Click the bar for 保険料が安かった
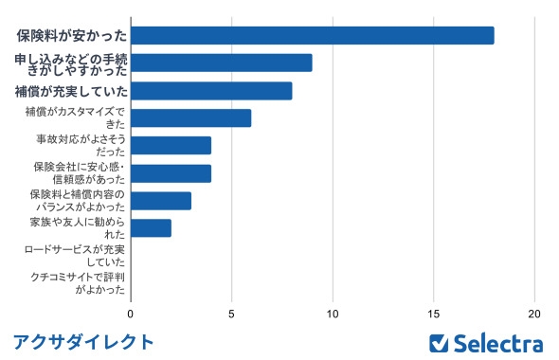click(312, 35)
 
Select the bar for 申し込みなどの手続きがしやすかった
click(221, 63)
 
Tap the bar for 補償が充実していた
click(211, 91)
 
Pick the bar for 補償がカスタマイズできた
click(190, 118)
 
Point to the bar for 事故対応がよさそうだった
click(171, 146)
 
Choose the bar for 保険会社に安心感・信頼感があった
click(171, 173)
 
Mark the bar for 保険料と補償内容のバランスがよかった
click(161, 201)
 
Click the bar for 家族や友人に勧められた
click(151, 228)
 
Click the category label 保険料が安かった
click(71, 36)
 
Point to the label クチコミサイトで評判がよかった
click(76, 283)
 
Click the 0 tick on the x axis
click(131, 313)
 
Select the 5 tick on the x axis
click(231, 313)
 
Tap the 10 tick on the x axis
click(333, 313)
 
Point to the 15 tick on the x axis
click(434, 313)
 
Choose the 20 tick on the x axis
click(535, 313)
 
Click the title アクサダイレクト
click(83, 341)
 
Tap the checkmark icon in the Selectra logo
click(439, 342)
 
